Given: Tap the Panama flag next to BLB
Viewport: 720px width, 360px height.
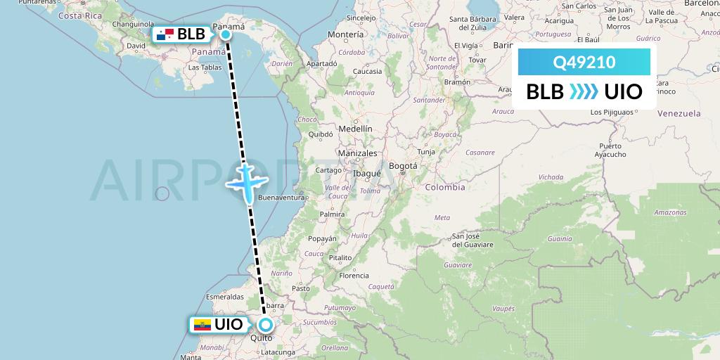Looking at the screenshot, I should [x=165, y=34].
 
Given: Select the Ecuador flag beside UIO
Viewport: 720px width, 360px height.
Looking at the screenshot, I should [x=202, y=325].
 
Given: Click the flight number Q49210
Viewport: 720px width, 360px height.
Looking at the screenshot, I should [x=584, y=63].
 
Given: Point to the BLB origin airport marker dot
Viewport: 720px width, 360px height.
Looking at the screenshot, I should [x=226, y=34].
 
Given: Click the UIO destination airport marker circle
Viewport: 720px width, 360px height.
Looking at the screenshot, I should [x=265, y=325].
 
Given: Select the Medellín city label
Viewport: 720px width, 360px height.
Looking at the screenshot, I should [x=355, y=129].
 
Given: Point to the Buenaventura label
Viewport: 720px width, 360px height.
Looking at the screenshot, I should [x=281, y=198].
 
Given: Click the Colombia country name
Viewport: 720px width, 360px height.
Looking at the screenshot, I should [x=444, y=187].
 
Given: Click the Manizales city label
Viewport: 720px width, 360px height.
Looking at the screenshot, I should [x=357, y=153].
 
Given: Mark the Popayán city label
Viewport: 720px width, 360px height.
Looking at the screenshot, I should [x=322, y=239].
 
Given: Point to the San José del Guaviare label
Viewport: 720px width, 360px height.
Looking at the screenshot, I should [x=477, y=240].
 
